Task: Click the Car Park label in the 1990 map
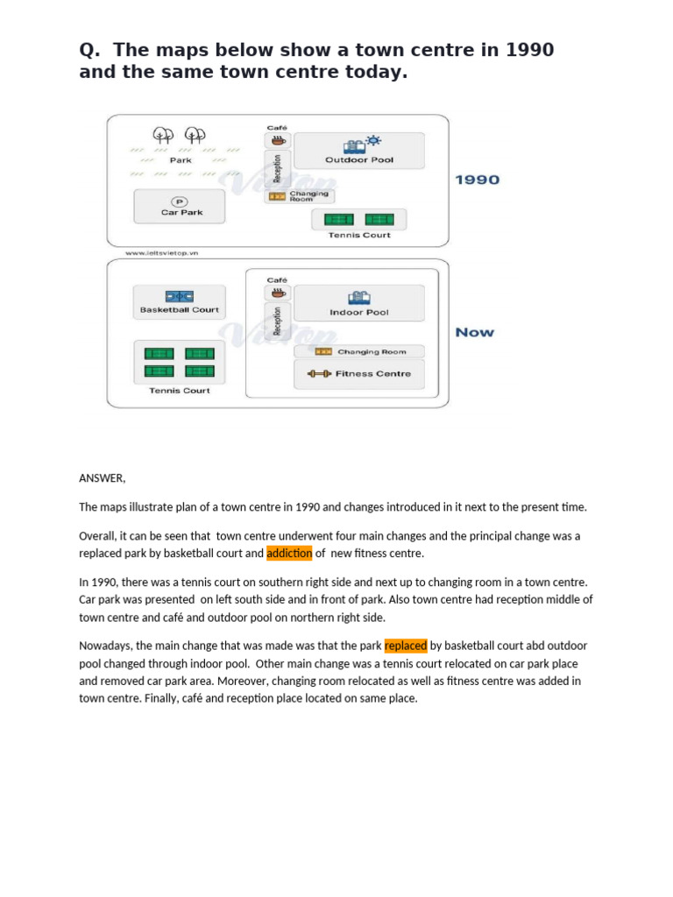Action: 181,212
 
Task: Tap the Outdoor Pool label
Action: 359,160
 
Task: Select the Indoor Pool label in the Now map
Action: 359,313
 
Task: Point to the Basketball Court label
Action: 179,310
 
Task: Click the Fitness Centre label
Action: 373,374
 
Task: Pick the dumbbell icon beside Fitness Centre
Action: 319,374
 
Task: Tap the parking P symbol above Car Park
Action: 181,201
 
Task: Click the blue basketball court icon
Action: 179,296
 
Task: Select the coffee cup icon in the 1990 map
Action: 277,140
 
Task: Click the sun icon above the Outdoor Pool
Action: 374,140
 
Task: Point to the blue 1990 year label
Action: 477,180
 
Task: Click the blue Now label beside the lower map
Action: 474,333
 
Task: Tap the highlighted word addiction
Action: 289,554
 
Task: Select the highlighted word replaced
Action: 406,646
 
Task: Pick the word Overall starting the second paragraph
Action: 98,536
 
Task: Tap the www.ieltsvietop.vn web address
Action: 161,252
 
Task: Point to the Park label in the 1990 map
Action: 181,160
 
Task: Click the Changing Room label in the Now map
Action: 372,352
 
